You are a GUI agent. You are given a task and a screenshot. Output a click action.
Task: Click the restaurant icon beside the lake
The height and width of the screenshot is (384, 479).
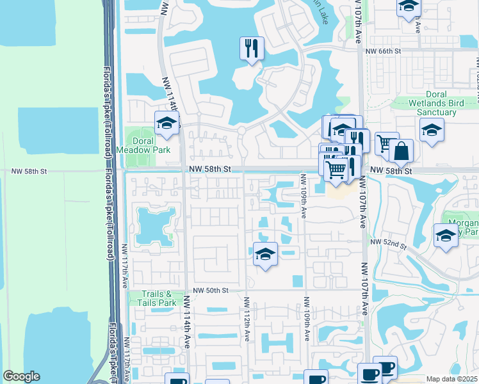[x=251, y=47]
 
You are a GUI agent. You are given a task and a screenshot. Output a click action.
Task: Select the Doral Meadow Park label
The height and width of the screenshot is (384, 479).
[x=151, y=145]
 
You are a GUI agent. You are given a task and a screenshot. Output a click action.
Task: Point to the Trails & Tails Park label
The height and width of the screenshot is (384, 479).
[x=157, y=298]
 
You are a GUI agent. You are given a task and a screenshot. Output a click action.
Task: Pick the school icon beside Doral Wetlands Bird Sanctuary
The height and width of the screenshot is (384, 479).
[x=432, y=129]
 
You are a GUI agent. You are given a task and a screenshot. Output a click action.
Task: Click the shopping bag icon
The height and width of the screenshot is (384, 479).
[x=401, y=152]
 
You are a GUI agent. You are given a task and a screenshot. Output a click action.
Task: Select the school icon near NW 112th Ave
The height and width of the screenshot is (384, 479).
[x=265, y=253]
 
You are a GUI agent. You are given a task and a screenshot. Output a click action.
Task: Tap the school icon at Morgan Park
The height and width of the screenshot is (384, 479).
[x=446, y=235]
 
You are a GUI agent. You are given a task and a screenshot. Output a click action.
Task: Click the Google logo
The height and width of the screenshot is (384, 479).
[x=21, y=376]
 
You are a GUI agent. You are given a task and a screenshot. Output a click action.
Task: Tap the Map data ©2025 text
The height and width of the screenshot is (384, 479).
[x=451, y=379]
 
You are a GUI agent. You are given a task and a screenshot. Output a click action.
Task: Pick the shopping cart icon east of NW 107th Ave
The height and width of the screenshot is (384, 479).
[x=386, y=143]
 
